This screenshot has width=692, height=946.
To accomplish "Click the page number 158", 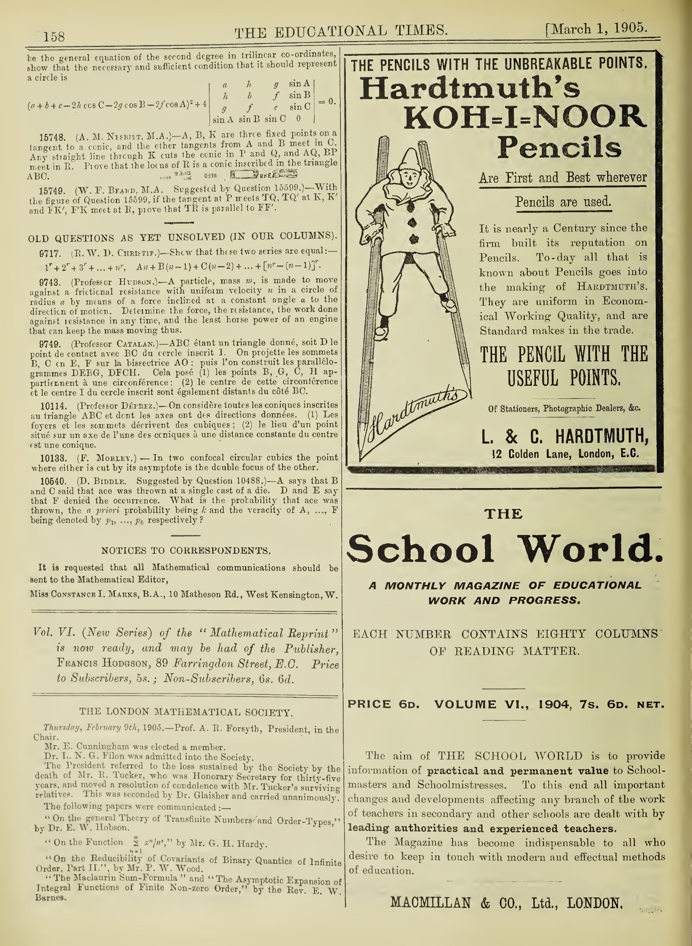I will coord(54,37).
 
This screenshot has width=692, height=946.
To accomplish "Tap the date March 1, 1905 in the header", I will coord(597,29).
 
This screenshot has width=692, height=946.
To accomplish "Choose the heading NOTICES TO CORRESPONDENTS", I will coord(185,550).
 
